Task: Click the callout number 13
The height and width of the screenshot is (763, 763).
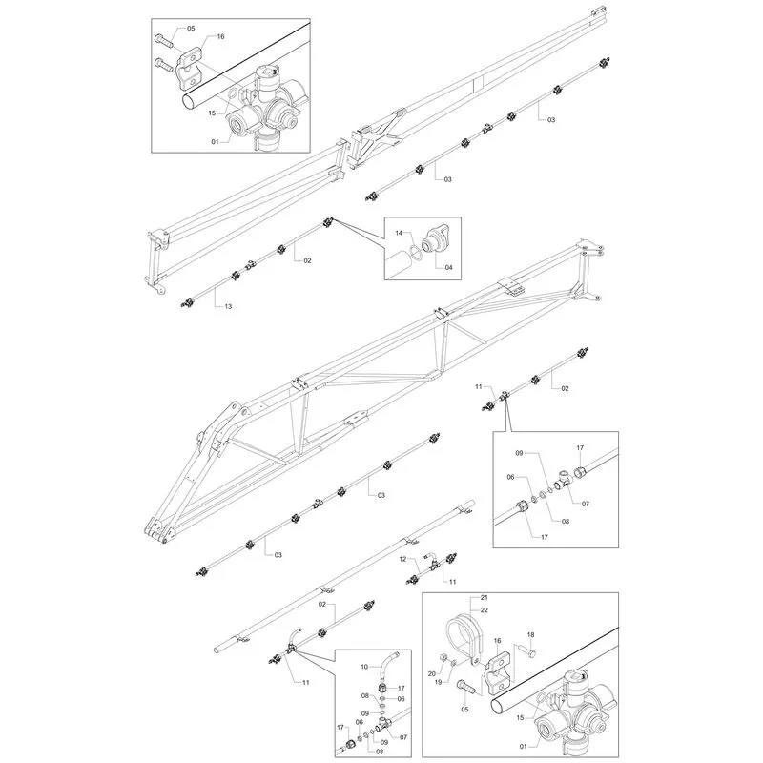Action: point(228,306)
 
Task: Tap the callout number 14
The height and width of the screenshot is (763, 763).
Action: point(399,233)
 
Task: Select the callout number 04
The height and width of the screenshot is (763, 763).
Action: point(448,267)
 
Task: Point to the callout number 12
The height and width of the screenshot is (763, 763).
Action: point(402,559)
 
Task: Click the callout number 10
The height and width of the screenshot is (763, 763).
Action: point(364,667)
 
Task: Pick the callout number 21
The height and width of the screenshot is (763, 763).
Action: point(484,598)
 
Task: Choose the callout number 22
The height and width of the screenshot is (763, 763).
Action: point(484,610)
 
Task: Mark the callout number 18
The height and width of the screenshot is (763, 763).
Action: point(530,634)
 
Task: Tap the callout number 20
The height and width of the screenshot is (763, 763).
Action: point(432,673)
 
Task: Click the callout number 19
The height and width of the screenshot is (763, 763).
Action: point(438,682)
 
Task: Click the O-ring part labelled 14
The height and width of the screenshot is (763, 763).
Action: point(415,252)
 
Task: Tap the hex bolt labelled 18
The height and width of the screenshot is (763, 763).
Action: point(527,650)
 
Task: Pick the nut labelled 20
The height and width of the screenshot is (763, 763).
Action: point(443,658)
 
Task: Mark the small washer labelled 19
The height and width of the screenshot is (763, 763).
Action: point(452,663)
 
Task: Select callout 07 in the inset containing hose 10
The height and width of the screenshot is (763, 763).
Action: point(403,737)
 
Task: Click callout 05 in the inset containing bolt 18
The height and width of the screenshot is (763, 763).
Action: point(464,710)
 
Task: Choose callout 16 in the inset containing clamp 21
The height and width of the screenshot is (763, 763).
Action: point(497,641)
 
